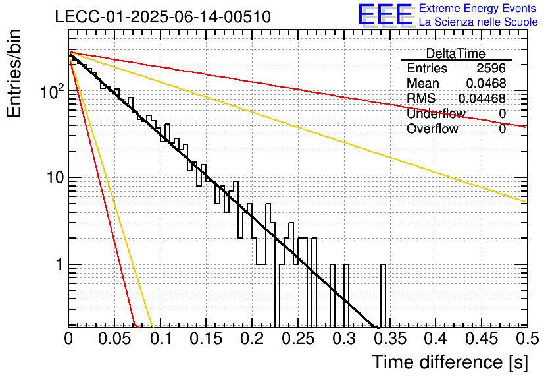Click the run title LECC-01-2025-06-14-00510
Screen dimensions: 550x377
(163, 17)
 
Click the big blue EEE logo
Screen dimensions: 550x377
(386, 14)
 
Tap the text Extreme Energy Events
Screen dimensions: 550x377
(478, 8)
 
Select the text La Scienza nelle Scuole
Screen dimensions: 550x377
(478, 22)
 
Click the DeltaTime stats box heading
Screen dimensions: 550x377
(455, 54)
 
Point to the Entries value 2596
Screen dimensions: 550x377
(491, 68)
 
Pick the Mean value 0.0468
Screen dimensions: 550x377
(486, 83)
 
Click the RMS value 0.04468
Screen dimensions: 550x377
(482, 98)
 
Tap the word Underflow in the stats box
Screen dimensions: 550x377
(436, 113)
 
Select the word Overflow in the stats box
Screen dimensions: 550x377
(432, 129)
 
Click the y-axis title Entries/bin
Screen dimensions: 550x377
(14, 73)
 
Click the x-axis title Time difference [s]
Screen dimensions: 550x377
(450, 362)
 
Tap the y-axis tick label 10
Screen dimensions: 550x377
(55, 178)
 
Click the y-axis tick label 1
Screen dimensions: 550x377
(60, 264)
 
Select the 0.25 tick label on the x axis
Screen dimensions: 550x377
(299, 339)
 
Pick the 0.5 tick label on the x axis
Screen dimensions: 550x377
(528, 339)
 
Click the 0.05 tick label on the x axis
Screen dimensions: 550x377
(114, 339)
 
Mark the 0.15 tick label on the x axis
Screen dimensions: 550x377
(207, 339)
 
